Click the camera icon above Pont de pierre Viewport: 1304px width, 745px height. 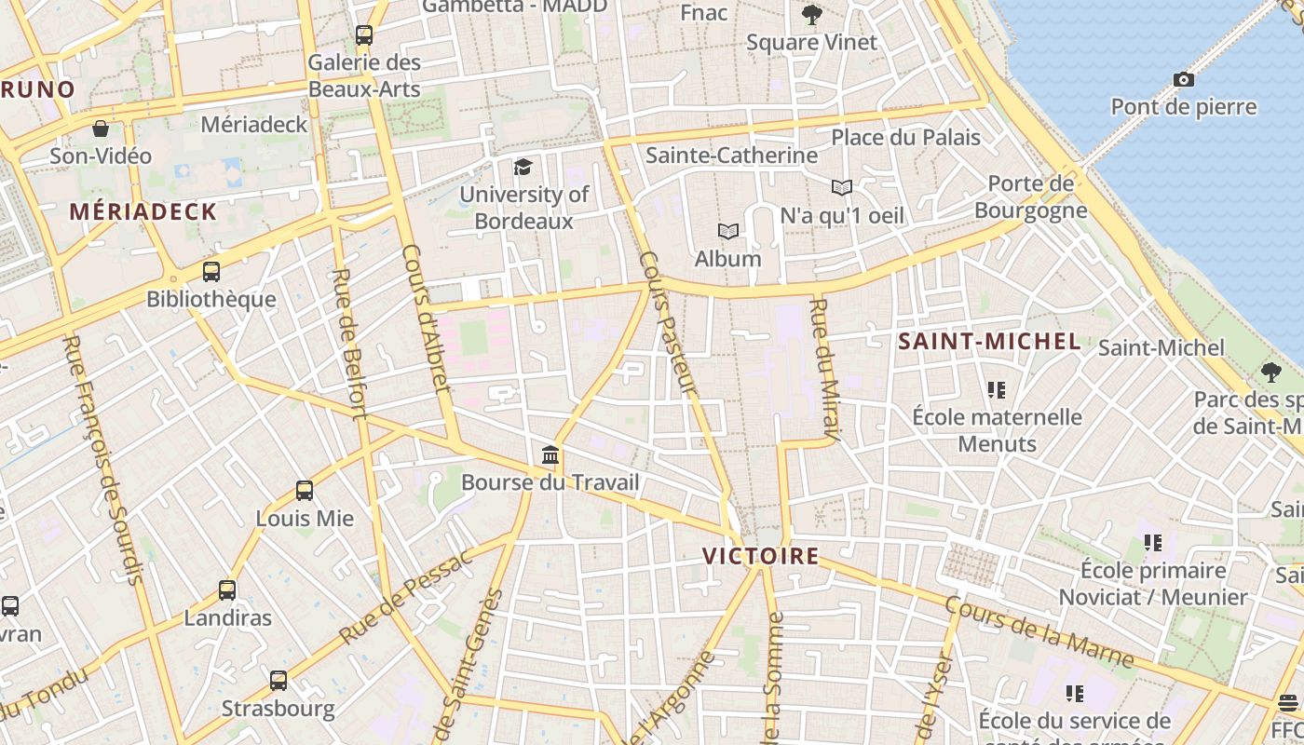(x=1184, y=80)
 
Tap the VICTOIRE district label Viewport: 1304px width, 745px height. (x=760, y=557)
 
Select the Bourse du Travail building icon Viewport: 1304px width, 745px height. (x=550, y=456)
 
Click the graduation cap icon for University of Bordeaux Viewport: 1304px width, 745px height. (x=523, y=168)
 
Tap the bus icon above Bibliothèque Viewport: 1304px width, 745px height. (x=211, y=272)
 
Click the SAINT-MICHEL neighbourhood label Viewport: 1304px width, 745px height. (x=989, y=342)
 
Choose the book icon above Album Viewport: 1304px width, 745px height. (x=727, y=231)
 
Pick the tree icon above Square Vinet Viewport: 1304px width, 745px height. (x=812, y=15)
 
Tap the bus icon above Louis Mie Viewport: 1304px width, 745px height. (x=305, y=491)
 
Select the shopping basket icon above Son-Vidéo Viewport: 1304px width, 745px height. (x=101, y=129)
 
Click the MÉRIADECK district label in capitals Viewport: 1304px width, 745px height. (x=143, y=212)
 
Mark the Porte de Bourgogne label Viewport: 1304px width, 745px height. (x=1030, y=196)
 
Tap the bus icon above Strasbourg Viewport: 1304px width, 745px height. (x=278, y=681)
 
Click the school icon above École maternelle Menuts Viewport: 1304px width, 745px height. (x=997, y=389)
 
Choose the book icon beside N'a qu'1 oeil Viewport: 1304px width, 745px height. (x=842, y=188)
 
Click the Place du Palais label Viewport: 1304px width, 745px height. (x=905, y=138)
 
